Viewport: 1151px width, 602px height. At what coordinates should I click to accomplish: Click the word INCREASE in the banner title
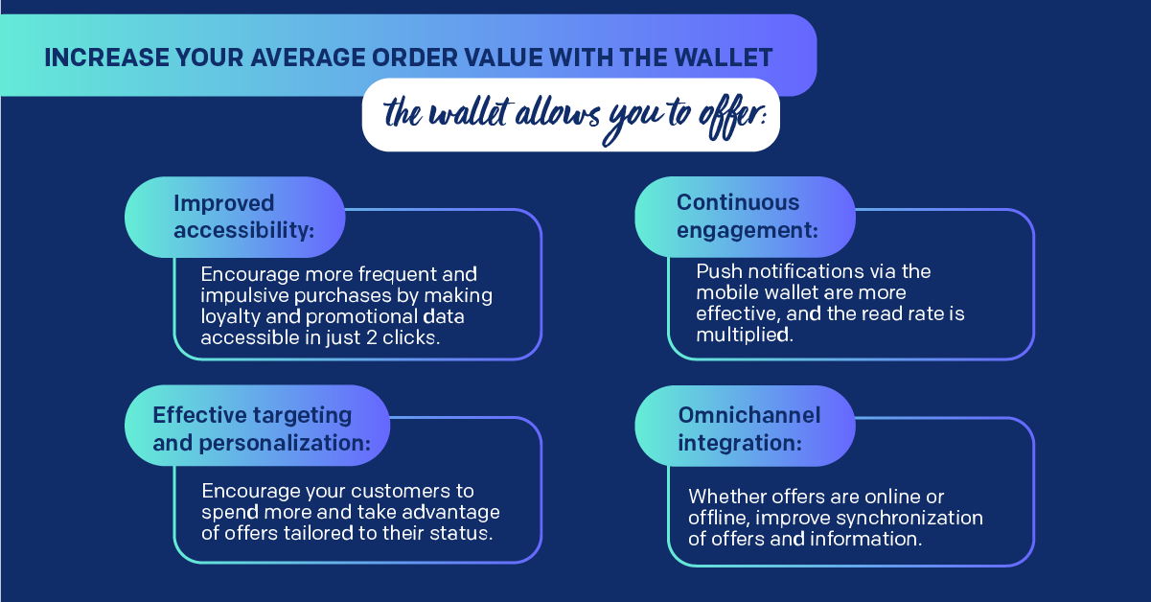106,58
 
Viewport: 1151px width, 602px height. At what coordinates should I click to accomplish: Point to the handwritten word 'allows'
557,113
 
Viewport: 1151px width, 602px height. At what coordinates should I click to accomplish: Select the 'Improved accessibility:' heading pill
235,217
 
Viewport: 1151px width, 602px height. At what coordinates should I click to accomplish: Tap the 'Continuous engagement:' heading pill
745,217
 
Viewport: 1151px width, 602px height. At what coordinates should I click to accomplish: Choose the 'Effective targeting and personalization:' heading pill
258,426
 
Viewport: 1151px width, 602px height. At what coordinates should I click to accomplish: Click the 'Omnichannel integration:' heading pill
745,426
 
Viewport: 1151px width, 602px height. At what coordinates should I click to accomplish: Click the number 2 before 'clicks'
371,337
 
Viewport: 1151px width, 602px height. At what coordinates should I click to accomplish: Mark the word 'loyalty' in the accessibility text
230,317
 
